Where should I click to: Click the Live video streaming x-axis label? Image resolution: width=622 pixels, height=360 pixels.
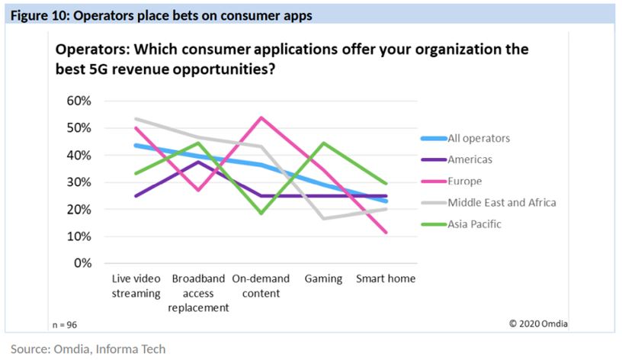[136, 286]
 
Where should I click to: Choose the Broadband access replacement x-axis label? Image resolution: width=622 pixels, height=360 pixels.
[198, 293]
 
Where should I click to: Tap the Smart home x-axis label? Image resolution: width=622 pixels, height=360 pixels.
[386, 279]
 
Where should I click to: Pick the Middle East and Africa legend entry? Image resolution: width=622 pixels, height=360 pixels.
[501, 203]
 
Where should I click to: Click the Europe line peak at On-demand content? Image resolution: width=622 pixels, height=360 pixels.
[261, 117]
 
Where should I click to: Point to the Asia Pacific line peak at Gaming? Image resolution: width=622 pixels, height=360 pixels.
[324, 143]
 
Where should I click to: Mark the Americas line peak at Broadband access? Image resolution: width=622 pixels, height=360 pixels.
[199, 162]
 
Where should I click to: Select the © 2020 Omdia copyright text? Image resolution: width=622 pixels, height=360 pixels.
[538, 324]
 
